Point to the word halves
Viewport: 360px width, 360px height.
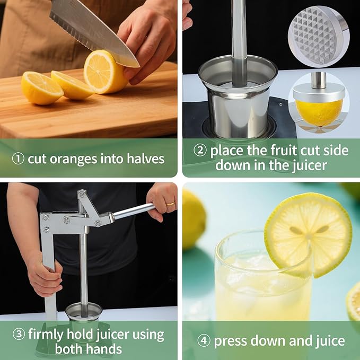pos(144,159)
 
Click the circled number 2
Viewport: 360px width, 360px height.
pos(199,151)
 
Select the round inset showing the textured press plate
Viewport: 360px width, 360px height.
pos(319,36)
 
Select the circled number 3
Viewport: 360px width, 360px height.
pos(18,335)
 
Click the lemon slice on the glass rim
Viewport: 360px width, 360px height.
pos(308,233)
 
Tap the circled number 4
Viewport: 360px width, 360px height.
pos(204,341)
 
